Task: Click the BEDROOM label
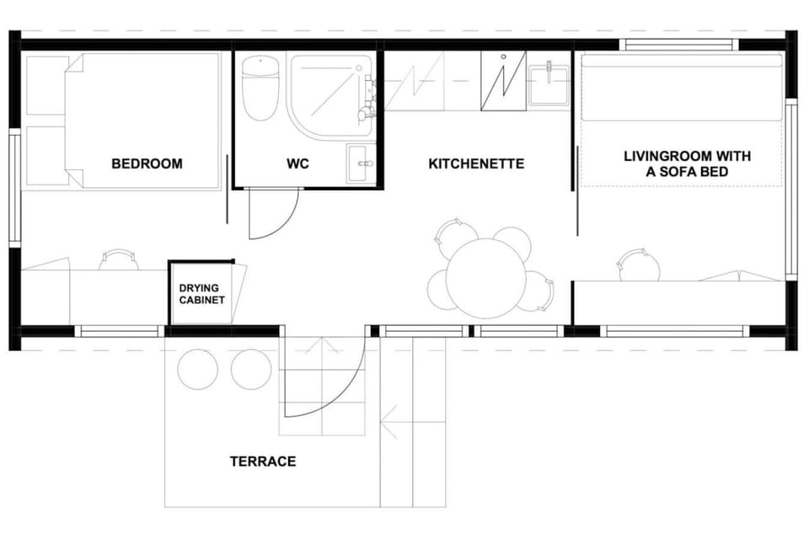pyautogui.click(x=147, y=164)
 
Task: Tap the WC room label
pyautogui.click(x=297, y=164)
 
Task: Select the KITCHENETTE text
pyautogui.click(x=476, y=164)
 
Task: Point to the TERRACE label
pyautogui.click(x=263, y=462)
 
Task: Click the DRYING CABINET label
pyautogui.click(x=201, y=294)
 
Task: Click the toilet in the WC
pyautogui.click(x=260, y=88)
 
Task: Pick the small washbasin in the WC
pyautogui.click(x=362, y=163)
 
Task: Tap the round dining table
pyautogui.click(x=486, y=279)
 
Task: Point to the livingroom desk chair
pyautogui.click(x=640, y=265)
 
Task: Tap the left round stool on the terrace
pyautogui.click(x=197, y=370)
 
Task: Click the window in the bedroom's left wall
pyautogui.click(x=14, y=189)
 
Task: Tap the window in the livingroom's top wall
pyautogui.click(x=679, y=45)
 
